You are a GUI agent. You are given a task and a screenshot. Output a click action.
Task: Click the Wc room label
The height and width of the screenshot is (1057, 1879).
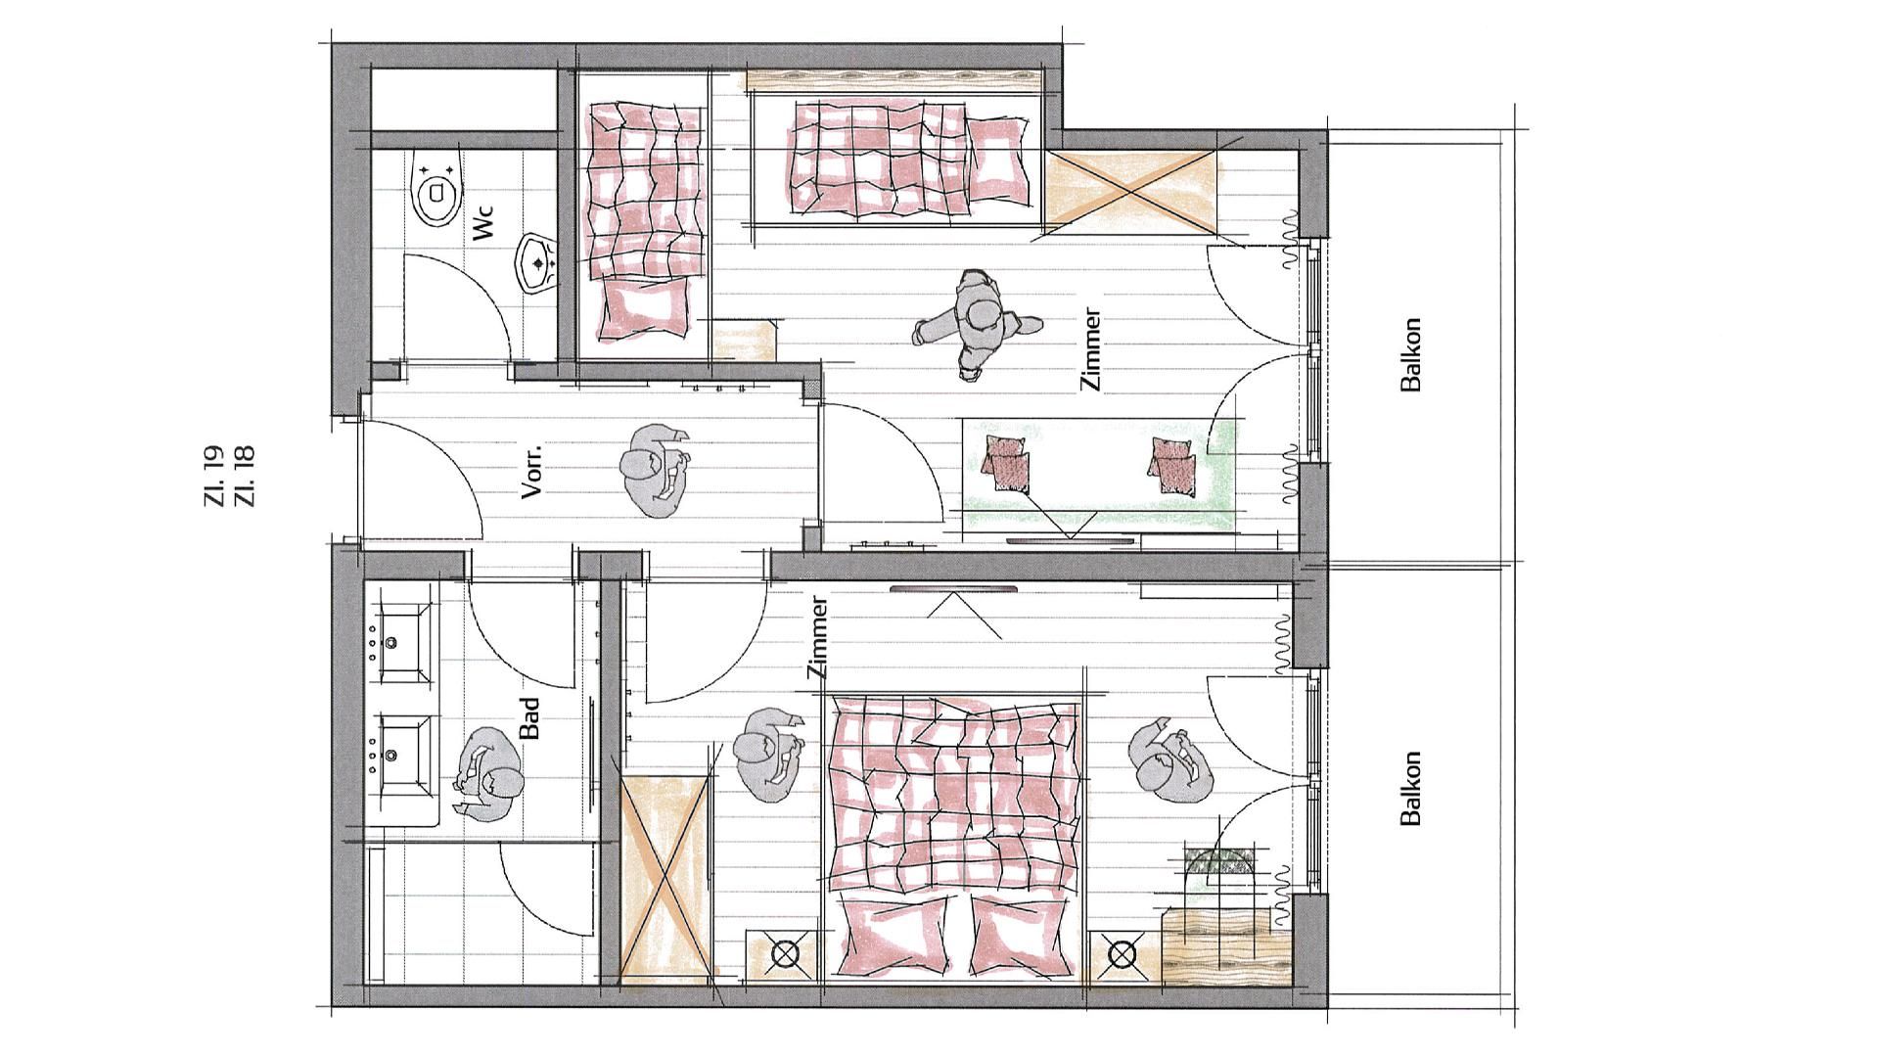coord(484,223)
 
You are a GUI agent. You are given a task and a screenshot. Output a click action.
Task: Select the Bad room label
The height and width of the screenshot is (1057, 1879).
coord(529,718)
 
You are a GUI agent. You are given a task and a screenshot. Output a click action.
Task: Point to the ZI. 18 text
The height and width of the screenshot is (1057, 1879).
coord(245,476)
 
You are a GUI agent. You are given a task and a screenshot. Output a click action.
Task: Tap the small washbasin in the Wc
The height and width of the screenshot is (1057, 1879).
coord(537,262)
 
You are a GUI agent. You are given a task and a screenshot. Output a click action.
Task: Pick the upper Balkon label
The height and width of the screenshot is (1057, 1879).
coord(1410,354)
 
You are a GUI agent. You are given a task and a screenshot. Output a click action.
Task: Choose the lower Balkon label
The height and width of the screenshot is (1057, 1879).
coord(1410,789)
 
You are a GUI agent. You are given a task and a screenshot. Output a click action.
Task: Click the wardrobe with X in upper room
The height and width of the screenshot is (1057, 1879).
coord(1132,192)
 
